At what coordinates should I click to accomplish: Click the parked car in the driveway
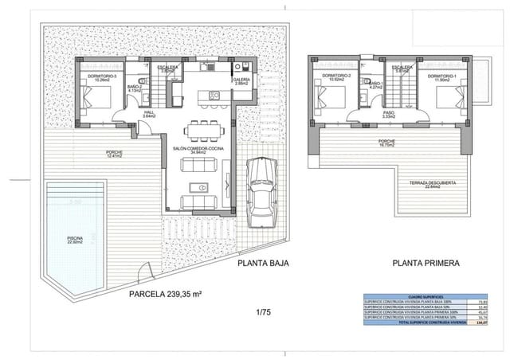[261, 192]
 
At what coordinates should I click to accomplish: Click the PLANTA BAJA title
[262, 263]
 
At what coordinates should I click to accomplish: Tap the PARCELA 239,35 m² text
[165, 294]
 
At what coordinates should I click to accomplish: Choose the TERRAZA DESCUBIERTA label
[433, 183]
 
